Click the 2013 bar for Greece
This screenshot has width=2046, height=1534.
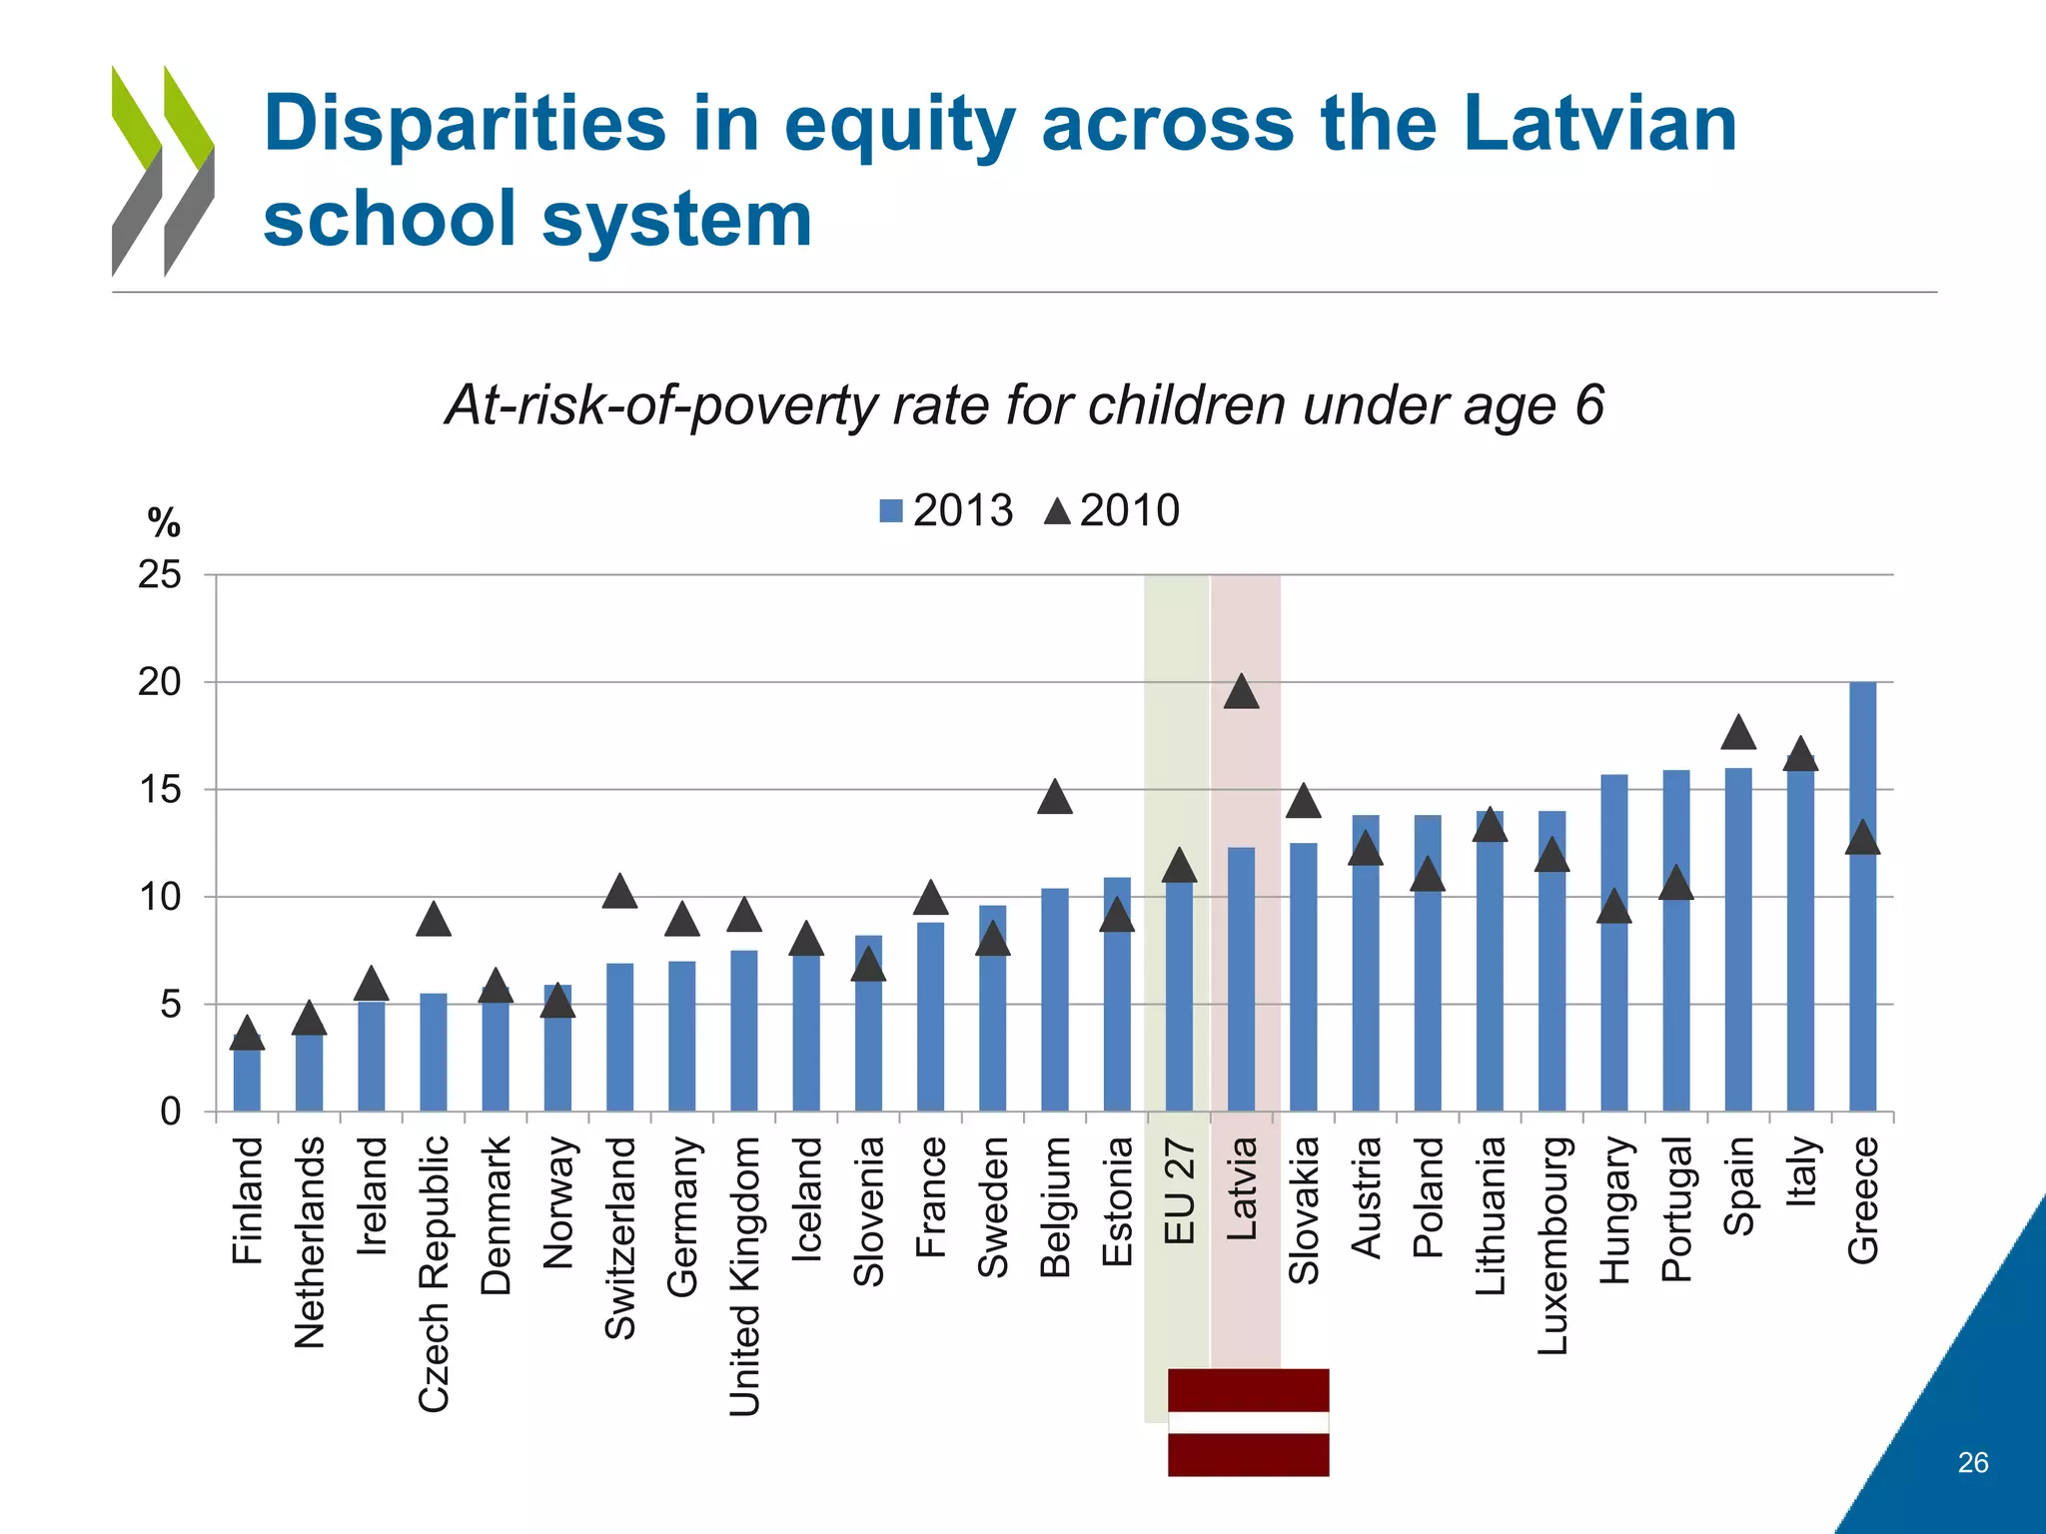click(1862, 899)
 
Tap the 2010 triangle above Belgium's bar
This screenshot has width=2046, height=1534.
click(1055, 799)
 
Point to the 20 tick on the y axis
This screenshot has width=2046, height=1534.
click(160, 683)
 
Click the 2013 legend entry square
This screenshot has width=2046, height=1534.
click(891, 511)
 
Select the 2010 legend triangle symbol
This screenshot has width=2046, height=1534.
click(1057, 512)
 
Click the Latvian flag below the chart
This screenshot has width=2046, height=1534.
click(1248, 1421)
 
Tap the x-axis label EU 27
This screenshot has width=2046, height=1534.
click(1180, 1190)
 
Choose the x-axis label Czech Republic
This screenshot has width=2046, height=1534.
click(434, 1273)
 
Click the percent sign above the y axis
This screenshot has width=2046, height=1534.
click(164, 522)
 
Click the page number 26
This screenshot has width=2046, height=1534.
click(1972, 1462)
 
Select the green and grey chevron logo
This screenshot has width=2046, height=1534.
click(162, 170)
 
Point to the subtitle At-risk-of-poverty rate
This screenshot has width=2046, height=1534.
click(1023, 405)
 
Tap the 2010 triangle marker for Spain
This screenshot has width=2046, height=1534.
click(1738, 734)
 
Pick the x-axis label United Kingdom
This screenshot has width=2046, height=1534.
click(744, 1276)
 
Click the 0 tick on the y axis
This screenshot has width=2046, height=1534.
click(170, 1112)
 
